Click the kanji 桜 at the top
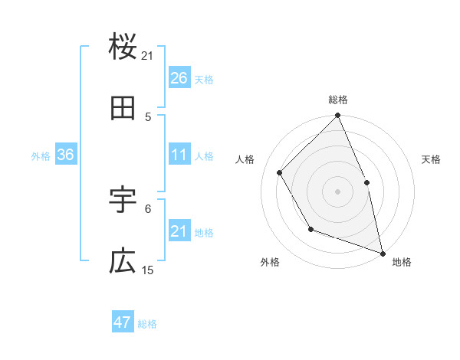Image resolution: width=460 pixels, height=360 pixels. [123, 47]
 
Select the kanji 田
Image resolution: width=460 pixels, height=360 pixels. [123, 109]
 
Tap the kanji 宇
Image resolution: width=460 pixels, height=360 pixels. [123, 200]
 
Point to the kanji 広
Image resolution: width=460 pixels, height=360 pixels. [123, 262]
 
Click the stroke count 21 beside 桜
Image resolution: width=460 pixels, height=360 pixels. [148, 56]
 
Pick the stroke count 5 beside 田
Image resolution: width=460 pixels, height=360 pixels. [148, 116]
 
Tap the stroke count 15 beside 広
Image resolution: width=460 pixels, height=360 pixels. [148, 270]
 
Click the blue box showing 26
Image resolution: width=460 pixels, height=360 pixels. [179, 78]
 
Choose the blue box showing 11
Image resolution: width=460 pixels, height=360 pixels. [179, 155]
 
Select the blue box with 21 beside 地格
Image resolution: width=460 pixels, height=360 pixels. [179, 231]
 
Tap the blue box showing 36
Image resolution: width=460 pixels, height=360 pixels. [66, 155]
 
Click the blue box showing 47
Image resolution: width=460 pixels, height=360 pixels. [123, 322]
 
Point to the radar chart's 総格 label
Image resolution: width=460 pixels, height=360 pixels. [338, 100]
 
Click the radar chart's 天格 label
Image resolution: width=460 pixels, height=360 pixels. [431, 159]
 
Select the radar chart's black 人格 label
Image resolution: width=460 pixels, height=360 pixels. [245, 159]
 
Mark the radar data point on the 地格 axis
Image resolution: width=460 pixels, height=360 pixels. [383, 253]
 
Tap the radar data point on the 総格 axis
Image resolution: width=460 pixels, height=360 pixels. [338, 116]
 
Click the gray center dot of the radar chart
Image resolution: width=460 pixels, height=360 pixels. [338, 191]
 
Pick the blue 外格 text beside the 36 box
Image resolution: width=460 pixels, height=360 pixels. [41, 155]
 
